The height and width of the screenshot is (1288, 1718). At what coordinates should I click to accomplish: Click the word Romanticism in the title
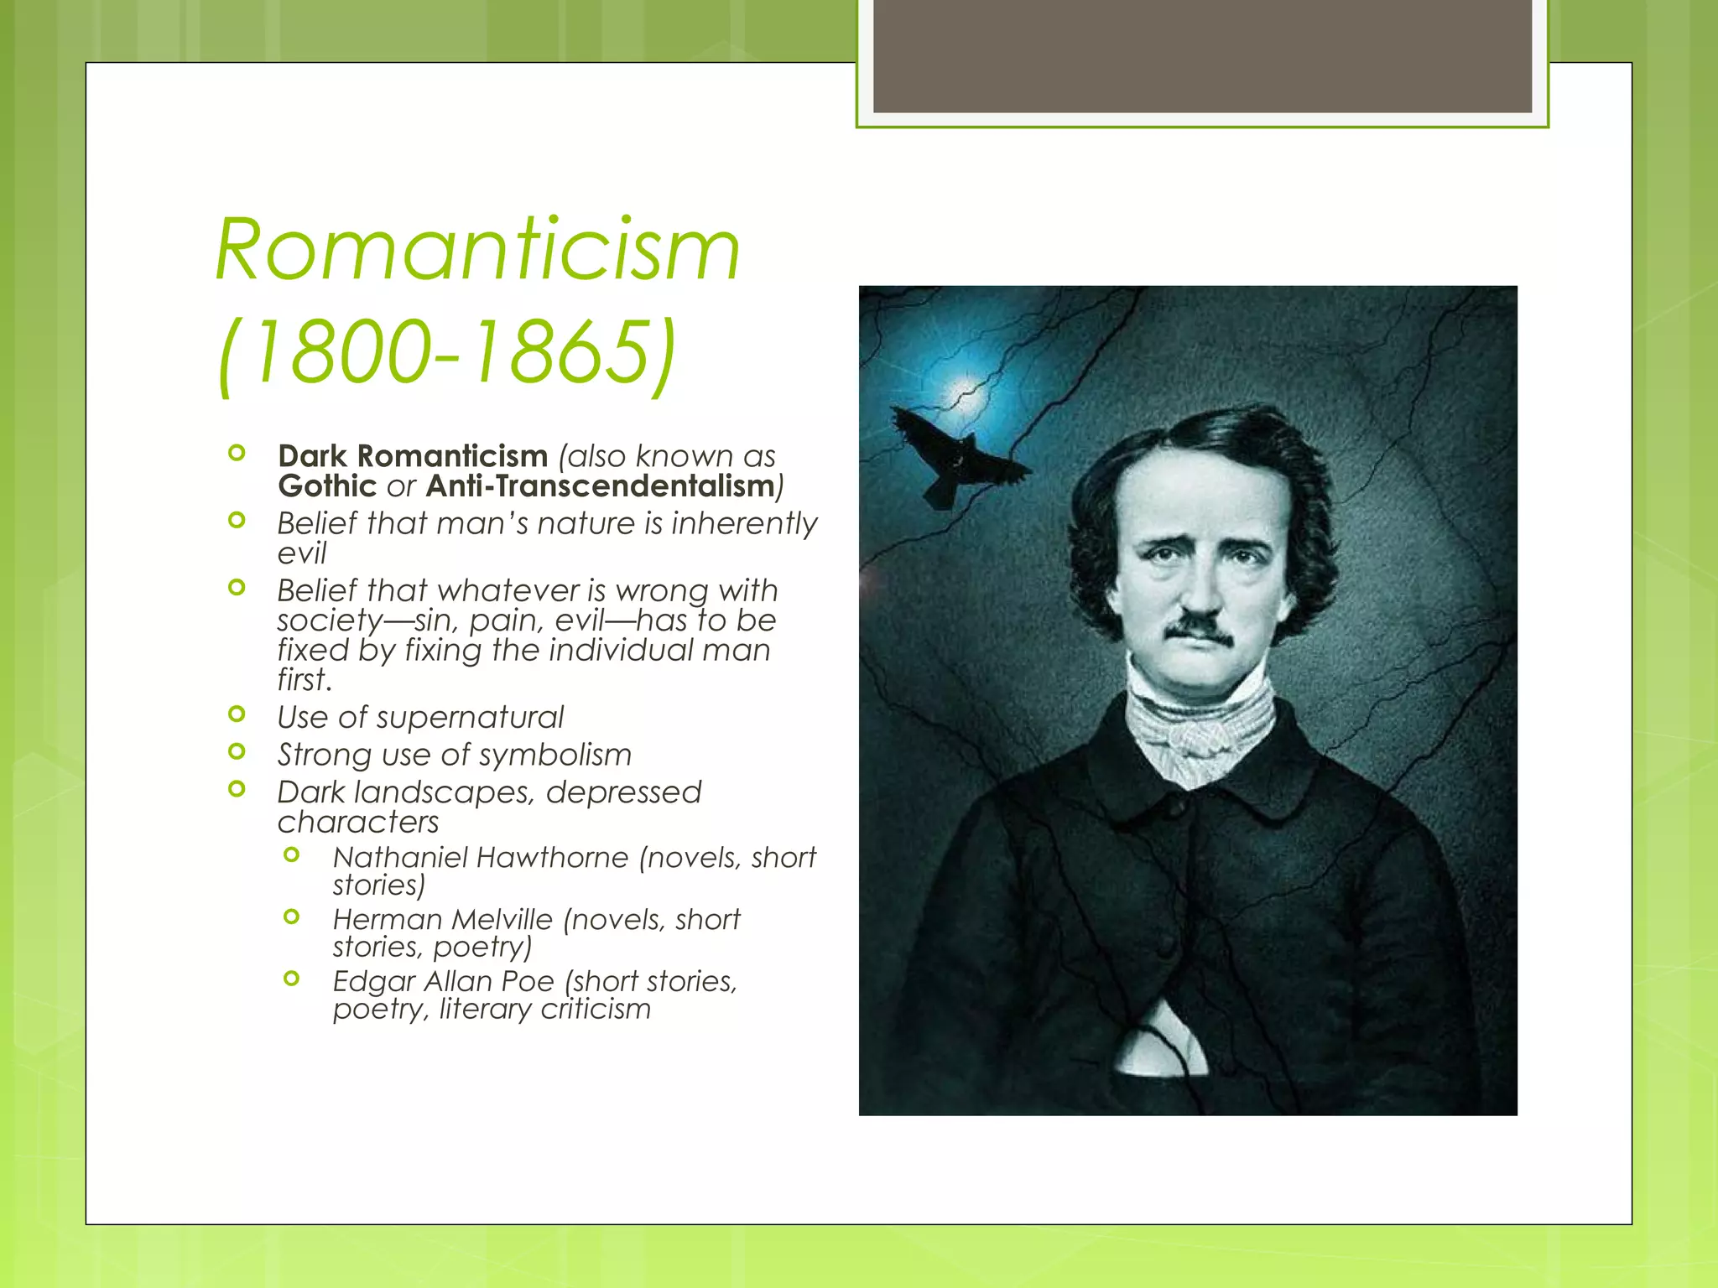coord(477,250)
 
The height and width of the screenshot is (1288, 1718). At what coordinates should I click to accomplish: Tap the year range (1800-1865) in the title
coord(445,352)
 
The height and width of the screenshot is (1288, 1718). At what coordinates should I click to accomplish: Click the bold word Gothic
coord(327,486)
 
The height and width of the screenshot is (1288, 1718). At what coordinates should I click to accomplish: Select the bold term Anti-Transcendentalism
coord(601,486)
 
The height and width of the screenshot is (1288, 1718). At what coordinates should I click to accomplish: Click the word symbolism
coord(554,755)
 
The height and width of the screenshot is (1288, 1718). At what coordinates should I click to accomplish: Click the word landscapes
coord(445,792)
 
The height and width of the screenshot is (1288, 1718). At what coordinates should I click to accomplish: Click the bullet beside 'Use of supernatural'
coord(237,714)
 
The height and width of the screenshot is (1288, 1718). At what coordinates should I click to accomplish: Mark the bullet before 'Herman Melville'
coord(292,917)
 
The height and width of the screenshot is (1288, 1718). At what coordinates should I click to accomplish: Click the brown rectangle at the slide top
coord(1202,55)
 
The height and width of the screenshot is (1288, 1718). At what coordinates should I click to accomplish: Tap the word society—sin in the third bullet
coord(367,621)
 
